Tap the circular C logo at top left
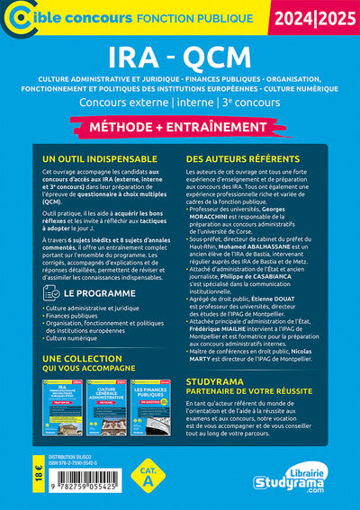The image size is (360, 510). pos(17,17)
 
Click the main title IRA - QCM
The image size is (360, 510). pos(179,56)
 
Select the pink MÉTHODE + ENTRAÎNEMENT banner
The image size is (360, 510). pos(180,127)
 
